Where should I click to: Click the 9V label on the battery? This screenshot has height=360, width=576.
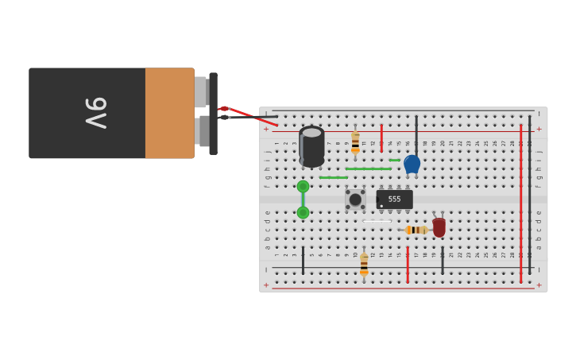(95, 113)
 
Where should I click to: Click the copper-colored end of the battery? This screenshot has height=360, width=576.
(169, 113)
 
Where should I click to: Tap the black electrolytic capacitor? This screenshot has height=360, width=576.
(311, 146)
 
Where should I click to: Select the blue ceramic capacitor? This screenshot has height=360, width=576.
(412, 164)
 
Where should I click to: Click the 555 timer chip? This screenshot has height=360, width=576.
(394, 199)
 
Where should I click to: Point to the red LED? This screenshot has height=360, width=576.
(439, 227)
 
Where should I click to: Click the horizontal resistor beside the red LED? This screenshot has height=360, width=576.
(416, 230)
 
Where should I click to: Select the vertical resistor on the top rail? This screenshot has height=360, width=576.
(355, 142)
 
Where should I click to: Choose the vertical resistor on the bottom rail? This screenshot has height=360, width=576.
(364, 264)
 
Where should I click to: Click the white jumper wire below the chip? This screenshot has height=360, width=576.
(377, 221)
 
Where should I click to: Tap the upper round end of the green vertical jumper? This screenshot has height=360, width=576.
(303, 187)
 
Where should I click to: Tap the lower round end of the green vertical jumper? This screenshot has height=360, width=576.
(303, 213)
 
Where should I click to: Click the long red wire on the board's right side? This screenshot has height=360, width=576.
(521, 203)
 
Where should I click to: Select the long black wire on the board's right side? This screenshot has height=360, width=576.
(530, 195)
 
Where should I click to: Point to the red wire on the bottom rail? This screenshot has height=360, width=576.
(408, 265)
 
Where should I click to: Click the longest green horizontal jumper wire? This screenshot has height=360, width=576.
(368, 168)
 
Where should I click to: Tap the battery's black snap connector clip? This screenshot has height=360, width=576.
(213, 114)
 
